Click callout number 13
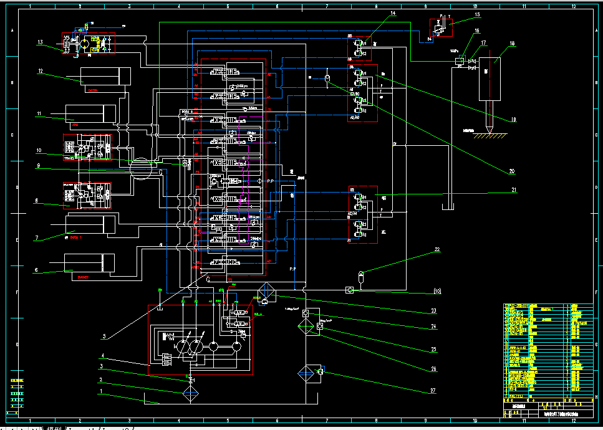click(40, 42)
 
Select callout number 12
click(40, 71)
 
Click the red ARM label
click(75, 125)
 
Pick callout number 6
click(36, 270)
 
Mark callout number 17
click(483, 42)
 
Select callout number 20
click(511, 171)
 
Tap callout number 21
click(514, 189)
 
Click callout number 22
click(437, 249)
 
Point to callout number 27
click(433, 391)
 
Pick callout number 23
click(433, 310)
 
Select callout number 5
click(105, 337)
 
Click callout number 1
click(100, 391)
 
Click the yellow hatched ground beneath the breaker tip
click(489, 136)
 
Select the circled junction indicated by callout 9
click(141, 168)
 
